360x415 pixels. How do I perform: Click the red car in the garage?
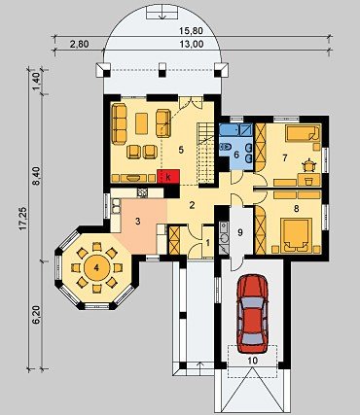252,314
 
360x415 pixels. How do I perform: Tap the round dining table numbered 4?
96,267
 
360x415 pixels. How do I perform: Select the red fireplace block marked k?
168,176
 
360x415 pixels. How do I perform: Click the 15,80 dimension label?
191,31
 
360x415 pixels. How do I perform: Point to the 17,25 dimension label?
22,219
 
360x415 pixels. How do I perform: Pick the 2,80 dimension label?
79,44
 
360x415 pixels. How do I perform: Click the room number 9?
240,232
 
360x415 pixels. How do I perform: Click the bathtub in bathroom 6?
235,130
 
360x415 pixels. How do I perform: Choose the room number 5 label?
181,150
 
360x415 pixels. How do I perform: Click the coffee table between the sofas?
141,123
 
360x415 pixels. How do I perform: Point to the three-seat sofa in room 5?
120,123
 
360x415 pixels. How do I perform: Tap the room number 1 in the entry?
208,242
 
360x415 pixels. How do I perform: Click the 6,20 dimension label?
36,315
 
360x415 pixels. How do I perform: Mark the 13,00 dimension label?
193,44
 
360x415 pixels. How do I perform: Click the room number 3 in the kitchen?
138,222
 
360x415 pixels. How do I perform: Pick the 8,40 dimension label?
36,175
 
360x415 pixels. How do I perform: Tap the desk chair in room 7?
308,164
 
